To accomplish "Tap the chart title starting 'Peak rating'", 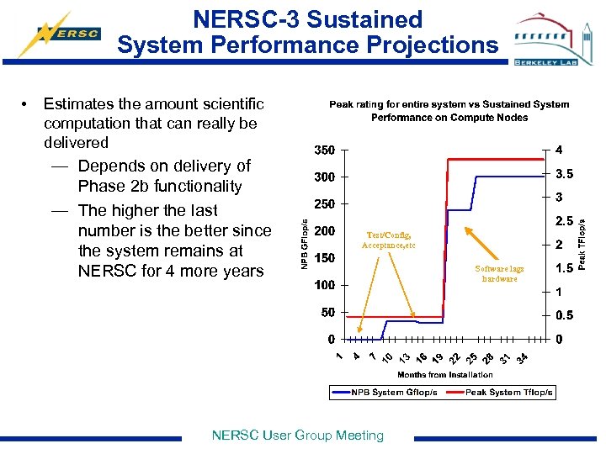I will [x=449, y=111].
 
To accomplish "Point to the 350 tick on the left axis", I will [x=324, y=150].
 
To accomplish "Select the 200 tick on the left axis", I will [x=324, y=231].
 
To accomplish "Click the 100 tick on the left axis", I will [x=324, y=285].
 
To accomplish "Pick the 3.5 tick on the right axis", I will [x=564, y=175].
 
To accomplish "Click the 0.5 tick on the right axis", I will [x=564, y=315].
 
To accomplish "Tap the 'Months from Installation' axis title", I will [x=444, y=375].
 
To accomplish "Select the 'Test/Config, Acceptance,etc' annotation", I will [x=388, y=240].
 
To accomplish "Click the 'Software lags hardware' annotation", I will [x=499, y=273].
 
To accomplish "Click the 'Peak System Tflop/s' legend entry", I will [x=509, y=393].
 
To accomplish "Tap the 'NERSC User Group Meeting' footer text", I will [x=297, y=435].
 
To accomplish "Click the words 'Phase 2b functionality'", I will [x=159, y=187].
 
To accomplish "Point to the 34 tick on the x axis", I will [x=523, y=359].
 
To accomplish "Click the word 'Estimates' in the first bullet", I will [x=81, y=104].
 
